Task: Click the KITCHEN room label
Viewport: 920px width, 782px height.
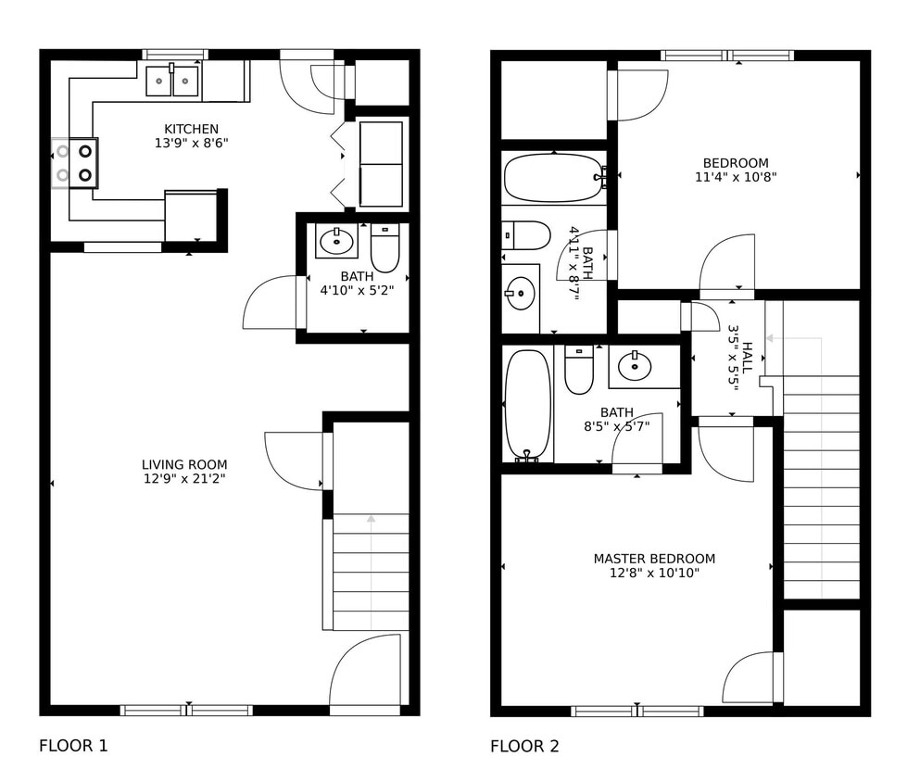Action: (191, 129)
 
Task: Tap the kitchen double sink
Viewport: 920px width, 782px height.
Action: (172, 81)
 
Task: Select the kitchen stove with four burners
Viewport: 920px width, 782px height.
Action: (74, 162)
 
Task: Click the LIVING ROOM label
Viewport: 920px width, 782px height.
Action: (183, 464)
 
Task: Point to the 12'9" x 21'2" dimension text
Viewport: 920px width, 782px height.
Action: (183, 479)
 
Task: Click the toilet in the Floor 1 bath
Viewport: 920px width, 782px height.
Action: (384, 248)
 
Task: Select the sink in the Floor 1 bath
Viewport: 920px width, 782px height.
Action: (335, 241)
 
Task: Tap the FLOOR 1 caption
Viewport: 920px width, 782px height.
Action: (73, 745)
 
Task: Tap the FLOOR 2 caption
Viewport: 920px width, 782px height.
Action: (524, 746)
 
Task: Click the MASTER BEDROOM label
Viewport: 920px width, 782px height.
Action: (654, 559)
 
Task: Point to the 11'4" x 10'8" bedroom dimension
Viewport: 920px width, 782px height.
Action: (736, 177)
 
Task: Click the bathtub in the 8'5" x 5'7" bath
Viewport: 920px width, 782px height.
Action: (527, 404)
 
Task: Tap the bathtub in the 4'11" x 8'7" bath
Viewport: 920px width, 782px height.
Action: (554, 178)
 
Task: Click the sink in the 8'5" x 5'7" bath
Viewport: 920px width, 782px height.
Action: (634, 367)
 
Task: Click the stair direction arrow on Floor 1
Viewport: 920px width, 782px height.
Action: (371, 520)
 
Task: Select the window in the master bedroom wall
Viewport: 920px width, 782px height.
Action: (637, 711)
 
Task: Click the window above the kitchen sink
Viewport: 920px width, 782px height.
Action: (174, 55)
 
